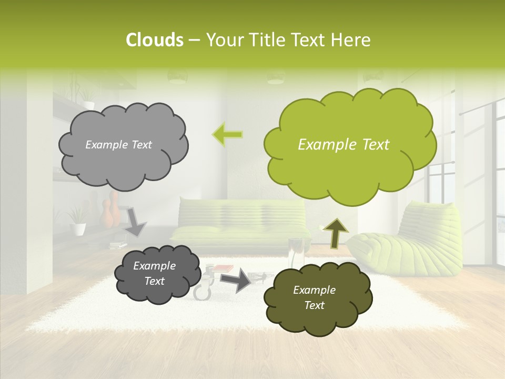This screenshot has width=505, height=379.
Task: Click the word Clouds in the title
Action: coord(154,40)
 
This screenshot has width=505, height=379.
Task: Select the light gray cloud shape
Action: coord(123,158)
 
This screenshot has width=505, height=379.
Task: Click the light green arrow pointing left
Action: coord(227,135)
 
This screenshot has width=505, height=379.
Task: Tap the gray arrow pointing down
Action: coord(135,222)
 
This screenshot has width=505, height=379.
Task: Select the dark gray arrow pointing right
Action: coord(236,280)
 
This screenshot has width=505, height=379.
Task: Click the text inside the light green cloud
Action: coord(344,145)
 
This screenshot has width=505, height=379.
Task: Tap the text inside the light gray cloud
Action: coord(118,145)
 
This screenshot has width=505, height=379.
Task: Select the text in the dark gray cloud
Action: coord(154,273)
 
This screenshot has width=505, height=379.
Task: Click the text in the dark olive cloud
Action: coord(314,297)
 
